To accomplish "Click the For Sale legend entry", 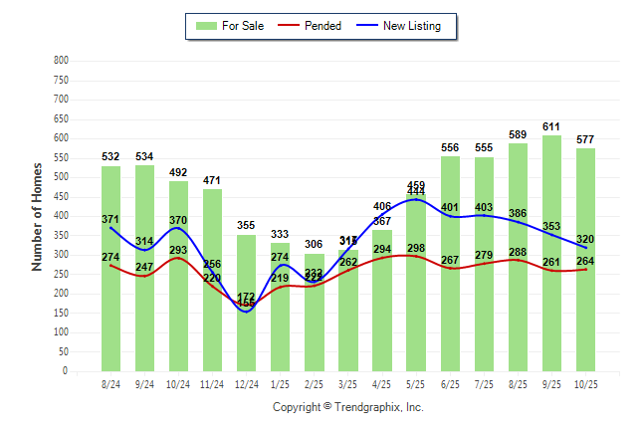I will pos(231,26).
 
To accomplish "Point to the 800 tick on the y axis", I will pos(61,61).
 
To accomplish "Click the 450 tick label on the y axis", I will pos(61,196).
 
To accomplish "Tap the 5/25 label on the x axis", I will pos(416,384).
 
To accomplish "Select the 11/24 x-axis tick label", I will pos(212,384).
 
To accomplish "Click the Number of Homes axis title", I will pos(37,217).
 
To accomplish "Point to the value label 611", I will pos(551,127).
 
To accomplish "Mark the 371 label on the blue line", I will pos(110,219).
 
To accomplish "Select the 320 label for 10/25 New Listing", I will pos(585,240).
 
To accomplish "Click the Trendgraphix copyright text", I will pos(347,407).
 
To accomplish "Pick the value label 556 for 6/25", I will pos(450,148).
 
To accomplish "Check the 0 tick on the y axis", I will pos(65,371).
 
